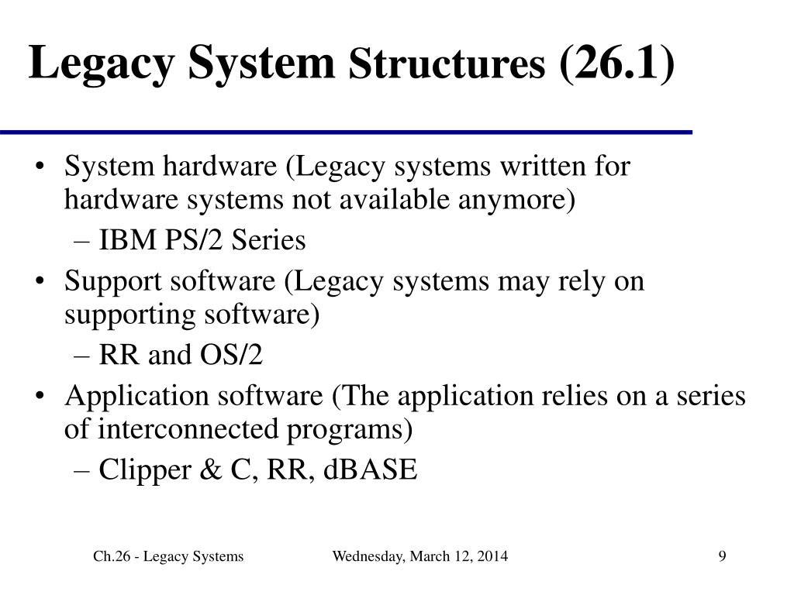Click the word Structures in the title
coord(447,65)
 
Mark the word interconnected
coord(182,428)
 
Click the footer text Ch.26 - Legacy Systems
coord(168,556)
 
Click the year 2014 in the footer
coord(493,556)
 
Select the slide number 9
coord(722,556)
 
